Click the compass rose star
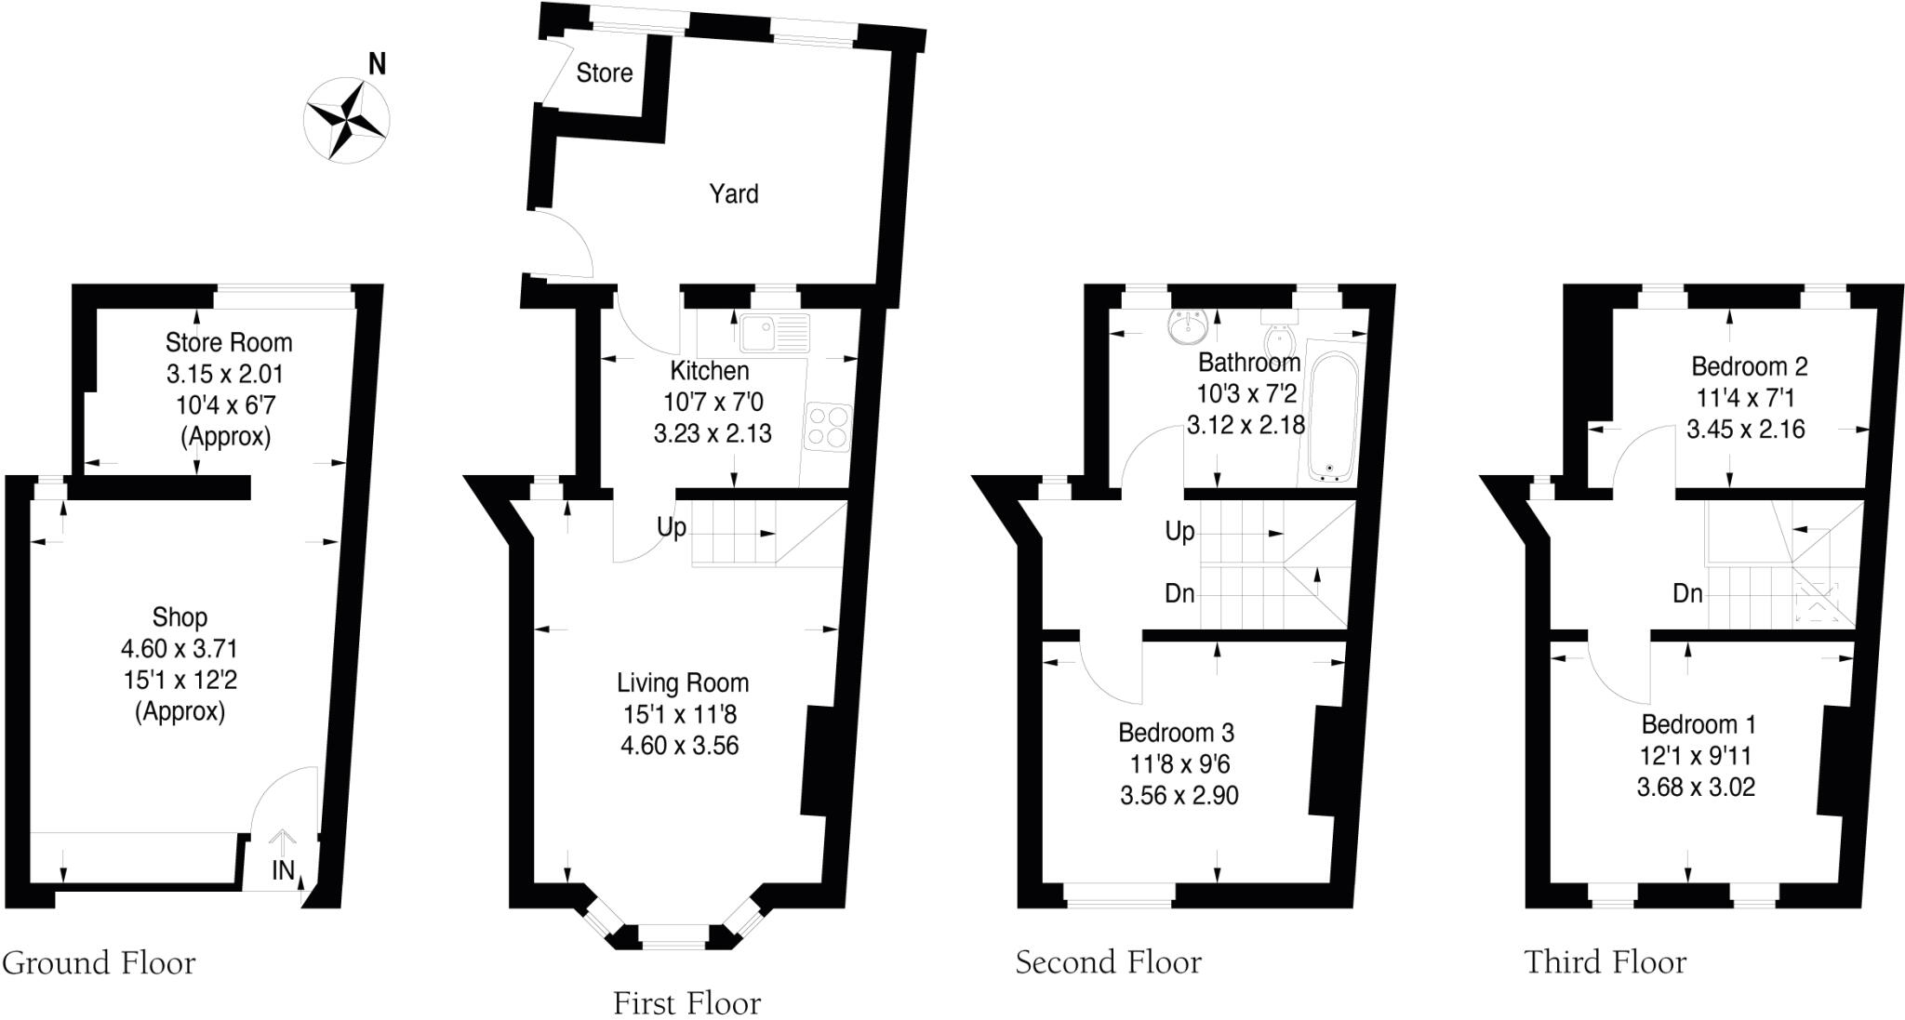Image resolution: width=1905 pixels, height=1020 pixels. (347, 120)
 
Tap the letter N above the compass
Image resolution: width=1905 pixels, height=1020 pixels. (377, 64)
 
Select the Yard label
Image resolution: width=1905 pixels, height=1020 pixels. (734, 193)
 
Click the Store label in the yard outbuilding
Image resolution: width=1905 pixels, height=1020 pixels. (605, 73)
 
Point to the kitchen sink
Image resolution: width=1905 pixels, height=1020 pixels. (775, 332)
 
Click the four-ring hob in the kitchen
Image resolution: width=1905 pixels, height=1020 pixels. (827, 427)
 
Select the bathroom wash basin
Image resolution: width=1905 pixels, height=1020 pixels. (1188, 326)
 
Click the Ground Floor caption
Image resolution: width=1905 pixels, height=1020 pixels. (99, 962)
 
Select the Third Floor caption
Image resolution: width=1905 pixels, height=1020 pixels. (1605, 961)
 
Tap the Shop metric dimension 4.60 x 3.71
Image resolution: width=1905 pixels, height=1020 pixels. (180, 649)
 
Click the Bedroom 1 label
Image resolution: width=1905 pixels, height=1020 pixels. (1698, 724)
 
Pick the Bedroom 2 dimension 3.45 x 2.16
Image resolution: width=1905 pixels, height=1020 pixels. (1746, 430)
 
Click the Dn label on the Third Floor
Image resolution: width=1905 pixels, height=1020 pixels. (1687, 593)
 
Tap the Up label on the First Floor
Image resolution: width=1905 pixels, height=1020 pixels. (672, 528)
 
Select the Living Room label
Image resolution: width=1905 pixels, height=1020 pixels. (682, 683)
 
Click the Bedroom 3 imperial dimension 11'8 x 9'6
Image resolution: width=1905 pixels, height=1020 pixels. (1179, 764)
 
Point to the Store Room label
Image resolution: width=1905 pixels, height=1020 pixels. (229, 343)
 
